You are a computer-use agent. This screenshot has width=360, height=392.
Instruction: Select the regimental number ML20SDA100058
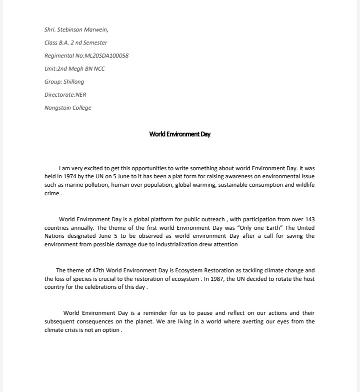pos(106,56)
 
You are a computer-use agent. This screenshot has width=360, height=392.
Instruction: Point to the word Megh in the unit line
pos(73,69)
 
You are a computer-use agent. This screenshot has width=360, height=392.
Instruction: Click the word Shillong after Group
pos(74,82)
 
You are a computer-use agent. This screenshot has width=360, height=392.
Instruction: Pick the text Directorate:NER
pos(65,95)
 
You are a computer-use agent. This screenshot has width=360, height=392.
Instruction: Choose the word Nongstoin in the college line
pos(56,108)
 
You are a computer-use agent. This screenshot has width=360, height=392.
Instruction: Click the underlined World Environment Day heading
pos(180,134)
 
